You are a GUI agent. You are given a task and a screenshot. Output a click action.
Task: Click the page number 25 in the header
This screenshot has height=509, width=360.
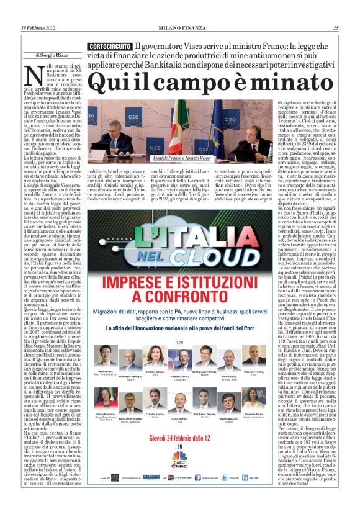(336, 28)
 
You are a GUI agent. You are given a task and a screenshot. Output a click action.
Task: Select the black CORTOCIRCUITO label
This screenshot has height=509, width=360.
(109, 47)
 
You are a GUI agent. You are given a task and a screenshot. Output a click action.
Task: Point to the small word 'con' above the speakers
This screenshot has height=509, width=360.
(180, 341)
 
